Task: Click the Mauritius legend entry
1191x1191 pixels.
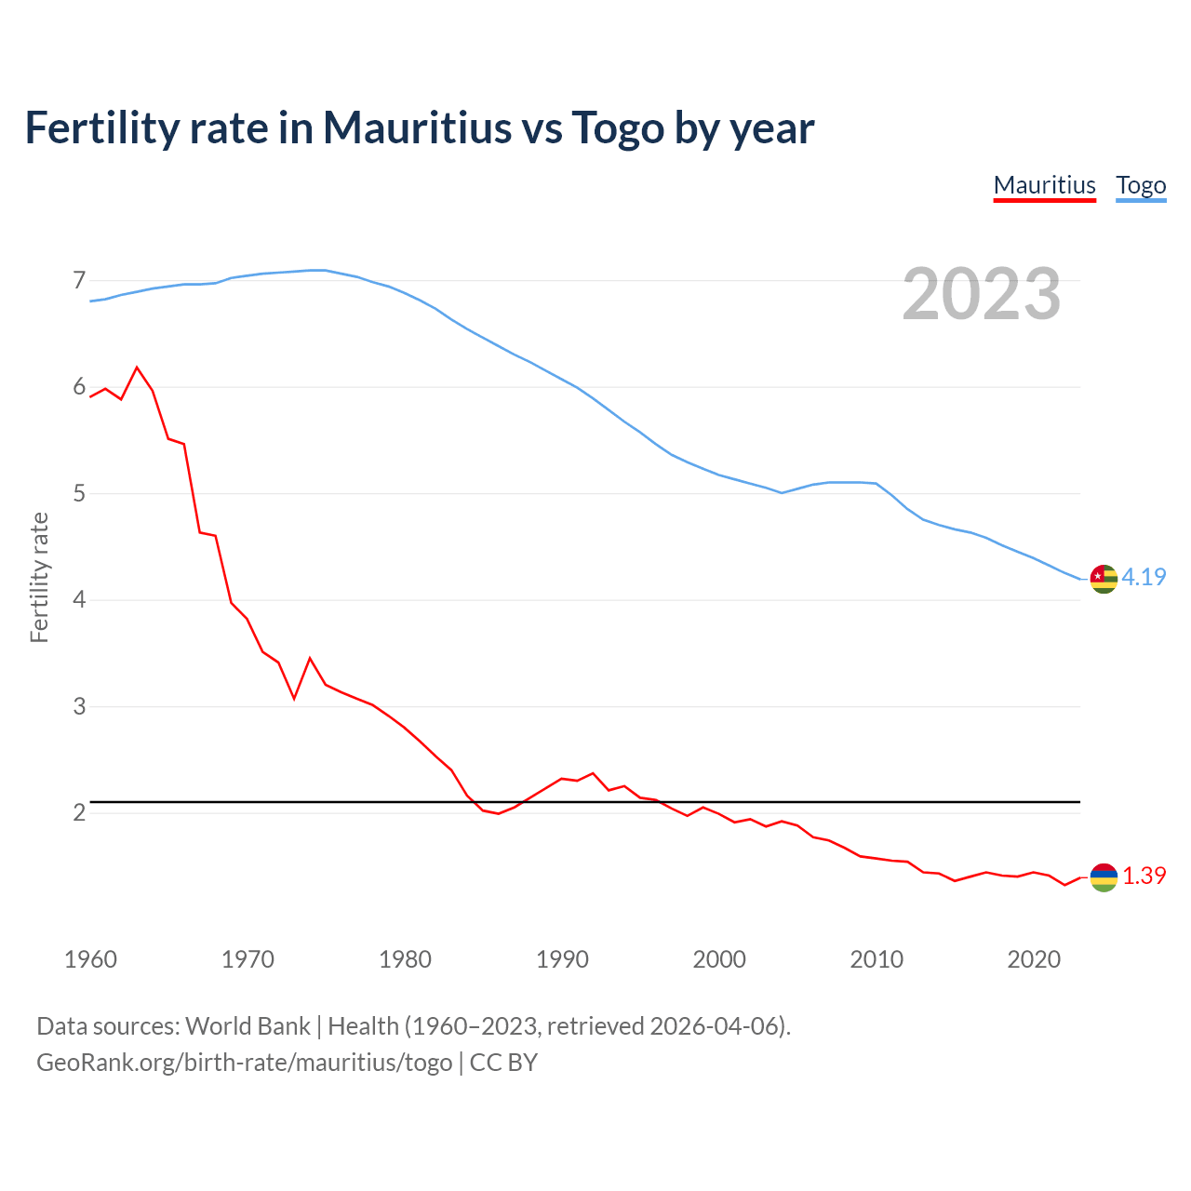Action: pyautogui.click(x=1044, y=185)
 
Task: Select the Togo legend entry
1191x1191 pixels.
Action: pyautogui.click(x=1141, y=185)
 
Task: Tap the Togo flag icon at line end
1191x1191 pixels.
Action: pyautogui.click(x=1104, y=579)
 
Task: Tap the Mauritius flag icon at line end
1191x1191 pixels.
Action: pyautogui.click(x=1104, y=877)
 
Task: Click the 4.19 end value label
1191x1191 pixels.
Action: pyautogui.click(x=1144, y=577)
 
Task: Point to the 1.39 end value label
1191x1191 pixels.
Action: pyautogui.click(x=1144, y=876)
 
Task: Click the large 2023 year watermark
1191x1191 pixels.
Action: pyautogui.click(x=982, y=294)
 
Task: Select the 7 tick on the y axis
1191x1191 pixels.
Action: pyautogui.click(x=79, y=280)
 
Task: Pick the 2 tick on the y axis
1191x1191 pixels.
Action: pyautogui.click(x=79, y=812)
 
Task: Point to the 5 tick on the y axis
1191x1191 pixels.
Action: pyautogui.click(x=79, y=493)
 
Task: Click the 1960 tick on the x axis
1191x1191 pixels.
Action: pyautogui.click(x=90, y=959)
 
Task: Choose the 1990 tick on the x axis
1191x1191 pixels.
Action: pyautogui.click(x=562, y=959)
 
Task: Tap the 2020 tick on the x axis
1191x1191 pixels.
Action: pyautogui.click(x=1034, y=959)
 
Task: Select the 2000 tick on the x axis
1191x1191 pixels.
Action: pyautogui.click(x=719, y=959)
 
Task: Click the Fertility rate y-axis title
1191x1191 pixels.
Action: pyautogui.click(x=39, y=577)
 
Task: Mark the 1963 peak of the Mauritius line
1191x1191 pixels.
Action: pyautogui.click(x=138, y=368)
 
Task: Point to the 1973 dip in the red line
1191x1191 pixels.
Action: pyautogui.click(x=294, y=698)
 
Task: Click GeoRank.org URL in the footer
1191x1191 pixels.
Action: pyautogui.click(x=244, y=1062)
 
